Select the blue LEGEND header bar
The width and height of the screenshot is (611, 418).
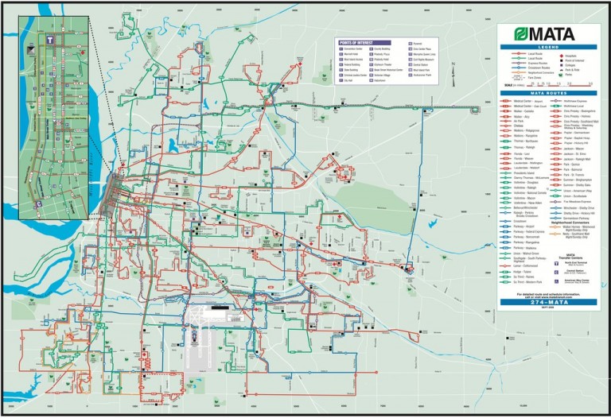pyautogui.click(x=550, y=48)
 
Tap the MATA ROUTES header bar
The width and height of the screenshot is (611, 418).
pyautogui.click(x=550, y=93)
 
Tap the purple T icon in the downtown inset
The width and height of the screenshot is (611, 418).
pyautogui.click(x=49, y=37)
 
